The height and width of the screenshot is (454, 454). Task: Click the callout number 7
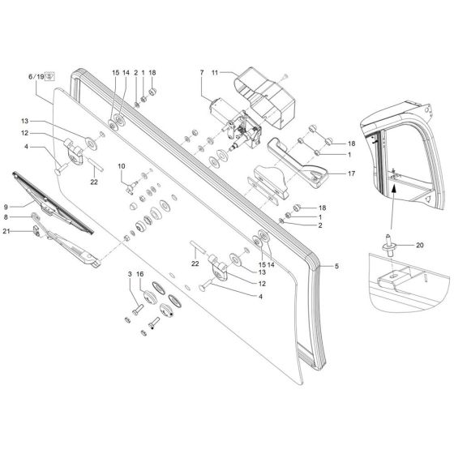pos(202,73)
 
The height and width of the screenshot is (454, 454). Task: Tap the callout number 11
pos(215,73)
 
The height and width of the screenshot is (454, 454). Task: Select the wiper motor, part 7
pos(235,122)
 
